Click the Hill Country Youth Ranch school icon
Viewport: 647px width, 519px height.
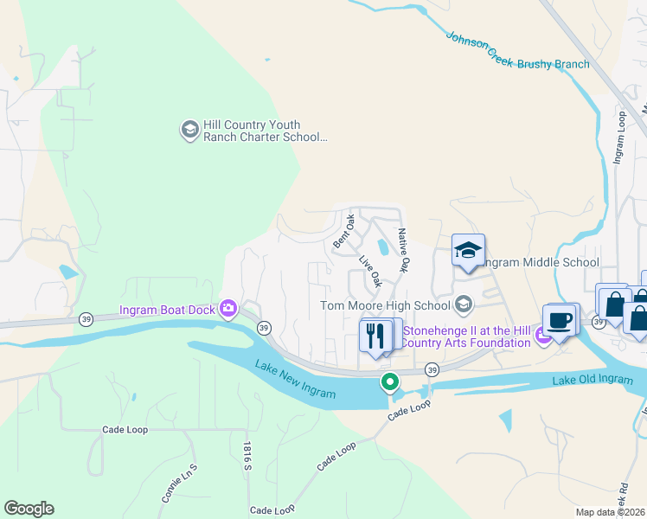click(189, 130)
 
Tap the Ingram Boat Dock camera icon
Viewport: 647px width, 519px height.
click(228, 307)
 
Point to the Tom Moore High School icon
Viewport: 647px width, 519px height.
click(464, 304)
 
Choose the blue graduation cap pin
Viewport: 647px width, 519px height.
click(468, 250)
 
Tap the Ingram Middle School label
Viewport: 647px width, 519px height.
click(539, 262)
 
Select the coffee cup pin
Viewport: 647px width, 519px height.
click(559, 320)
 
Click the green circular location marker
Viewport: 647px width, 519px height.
click(390, 381)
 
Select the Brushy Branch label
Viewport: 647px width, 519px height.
click(554, 64)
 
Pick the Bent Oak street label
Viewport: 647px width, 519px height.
click(344, 231)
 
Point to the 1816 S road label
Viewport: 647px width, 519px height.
click(247, 457)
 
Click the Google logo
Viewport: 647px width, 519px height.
click(29, 509)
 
